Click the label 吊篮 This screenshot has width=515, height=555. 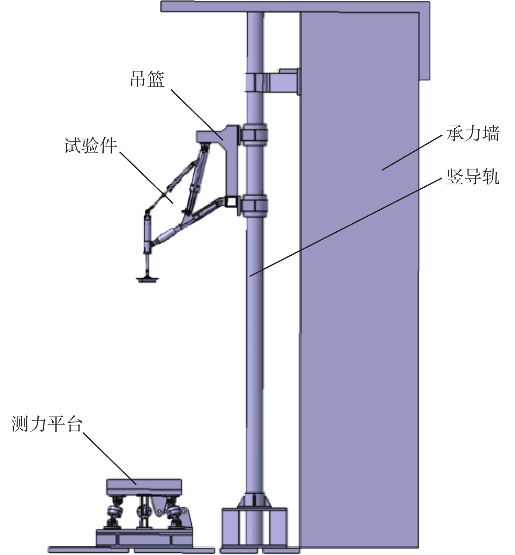tap(147, 79)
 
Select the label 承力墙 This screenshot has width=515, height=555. tap(473, 134)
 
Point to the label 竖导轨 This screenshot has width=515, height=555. tap(473, 177)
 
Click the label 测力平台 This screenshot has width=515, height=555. tap(47, 424)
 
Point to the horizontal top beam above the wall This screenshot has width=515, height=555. tap(295, 7)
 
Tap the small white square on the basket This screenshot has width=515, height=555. tap(230, 201)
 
